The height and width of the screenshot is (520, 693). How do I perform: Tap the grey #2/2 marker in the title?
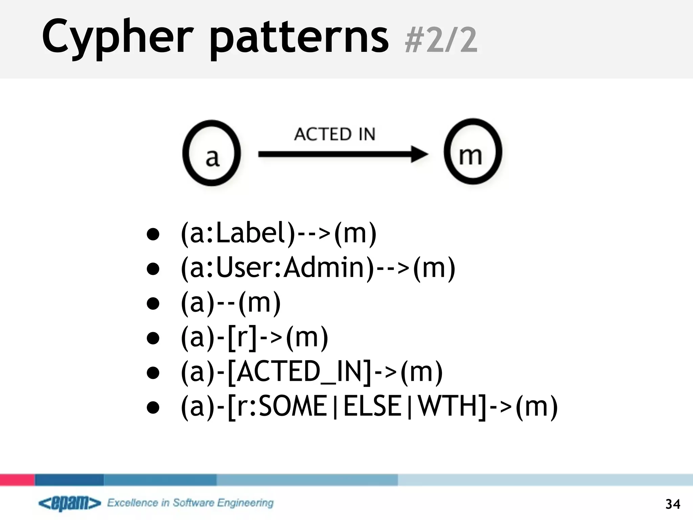[441, 41]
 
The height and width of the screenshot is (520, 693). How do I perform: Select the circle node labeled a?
[211, 153]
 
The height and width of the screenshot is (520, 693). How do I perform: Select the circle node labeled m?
[473, 152]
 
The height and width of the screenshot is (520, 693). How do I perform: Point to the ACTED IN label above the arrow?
[335, 134]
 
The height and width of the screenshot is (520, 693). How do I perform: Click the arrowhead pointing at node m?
[420, 154]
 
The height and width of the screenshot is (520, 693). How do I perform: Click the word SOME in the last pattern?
[293, 406]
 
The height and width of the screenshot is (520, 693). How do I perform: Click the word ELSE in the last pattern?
[372, 406]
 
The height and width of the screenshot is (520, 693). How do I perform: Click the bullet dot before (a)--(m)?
[153, 303]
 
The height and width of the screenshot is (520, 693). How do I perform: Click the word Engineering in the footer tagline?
[245, 503]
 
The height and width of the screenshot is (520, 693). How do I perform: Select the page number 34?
[672, 504]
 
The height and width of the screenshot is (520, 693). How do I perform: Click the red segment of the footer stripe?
[17, 480]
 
